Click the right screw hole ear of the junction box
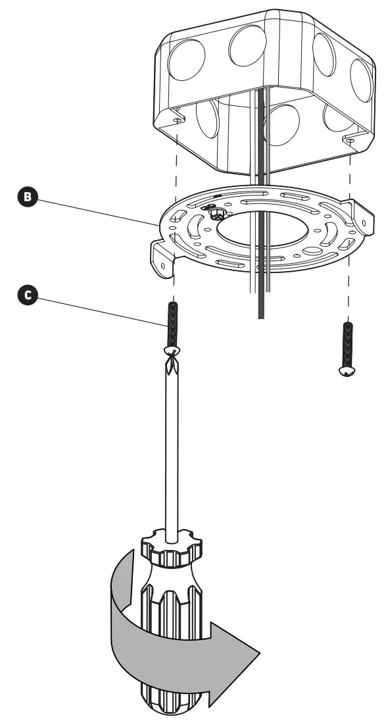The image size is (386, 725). click(350, 139)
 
